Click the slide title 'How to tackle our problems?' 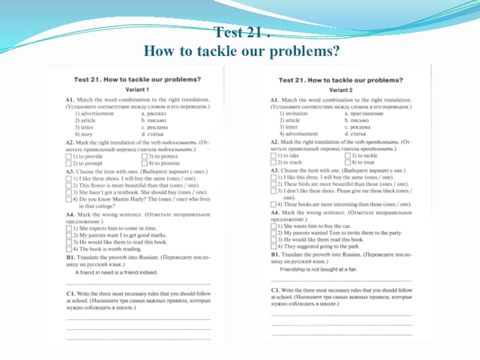point(241,52)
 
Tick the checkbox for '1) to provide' point(68,156)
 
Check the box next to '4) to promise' point(144,163)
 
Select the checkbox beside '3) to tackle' point(348,155)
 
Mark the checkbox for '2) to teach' point(274,163)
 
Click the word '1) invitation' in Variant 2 point(293,113)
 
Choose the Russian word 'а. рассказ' point(155,113)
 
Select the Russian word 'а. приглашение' point(364,113)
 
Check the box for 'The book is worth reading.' point(68,248)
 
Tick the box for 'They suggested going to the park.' point(274,246)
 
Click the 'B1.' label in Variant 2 point(275,254)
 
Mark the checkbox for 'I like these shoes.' point(68,178)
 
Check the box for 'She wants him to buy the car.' point(274,226)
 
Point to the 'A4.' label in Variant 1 point(70,214)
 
